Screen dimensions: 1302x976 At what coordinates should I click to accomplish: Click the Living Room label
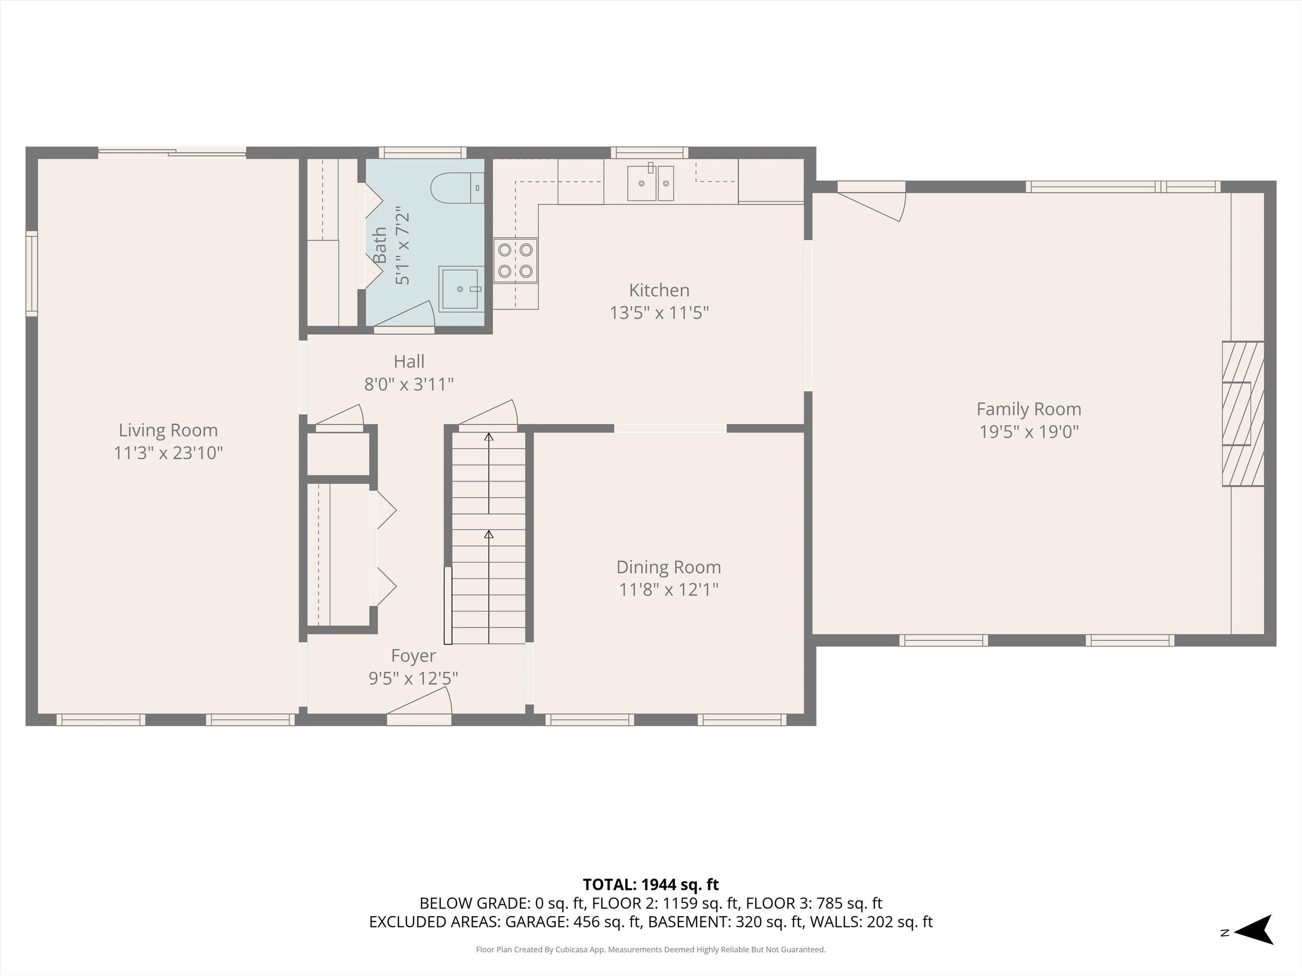[168, 430]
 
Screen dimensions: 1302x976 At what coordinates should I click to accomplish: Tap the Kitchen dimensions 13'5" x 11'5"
[659, 312]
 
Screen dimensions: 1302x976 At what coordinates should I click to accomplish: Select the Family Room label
[1029, 409]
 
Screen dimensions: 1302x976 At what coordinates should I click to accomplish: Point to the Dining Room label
[669, 567]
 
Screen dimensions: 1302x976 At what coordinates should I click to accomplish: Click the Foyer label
[414, 656]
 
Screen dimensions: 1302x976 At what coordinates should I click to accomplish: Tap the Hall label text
[409, 361]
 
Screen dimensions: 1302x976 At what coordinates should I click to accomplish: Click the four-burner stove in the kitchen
[516, 260]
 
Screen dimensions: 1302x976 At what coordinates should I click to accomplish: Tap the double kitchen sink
[651, 183]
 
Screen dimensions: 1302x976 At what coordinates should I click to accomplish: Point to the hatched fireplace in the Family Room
[1243, 413]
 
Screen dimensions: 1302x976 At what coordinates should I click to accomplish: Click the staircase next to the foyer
[489, 537]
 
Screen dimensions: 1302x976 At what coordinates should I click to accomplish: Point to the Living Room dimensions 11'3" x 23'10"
[168, 453]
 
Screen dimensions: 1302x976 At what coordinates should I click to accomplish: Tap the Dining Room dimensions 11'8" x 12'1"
[669, 590]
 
